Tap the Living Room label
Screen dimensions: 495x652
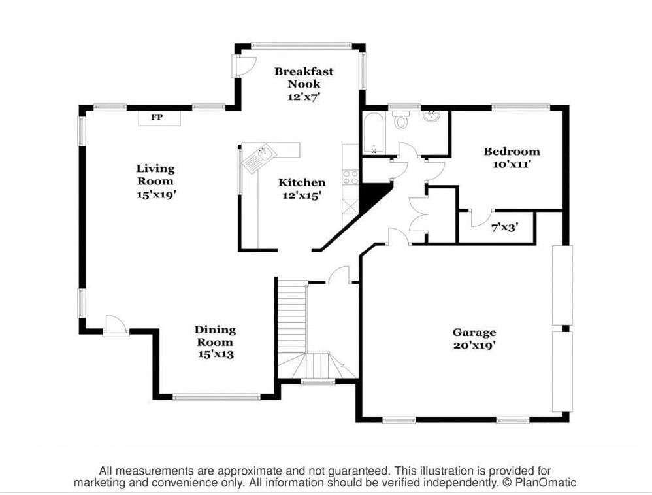(155, 181)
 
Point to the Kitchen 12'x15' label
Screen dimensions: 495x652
(301, 188)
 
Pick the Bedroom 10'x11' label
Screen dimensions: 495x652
(512, 158)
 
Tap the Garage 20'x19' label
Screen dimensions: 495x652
(474, 338)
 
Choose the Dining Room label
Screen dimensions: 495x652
(215, 341)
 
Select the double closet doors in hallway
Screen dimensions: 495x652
(418, 214)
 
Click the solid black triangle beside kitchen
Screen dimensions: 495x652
(374, 196)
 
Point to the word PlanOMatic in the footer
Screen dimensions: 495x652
(547, 483)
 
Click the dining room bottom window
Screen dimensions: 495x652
(216, 396)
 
